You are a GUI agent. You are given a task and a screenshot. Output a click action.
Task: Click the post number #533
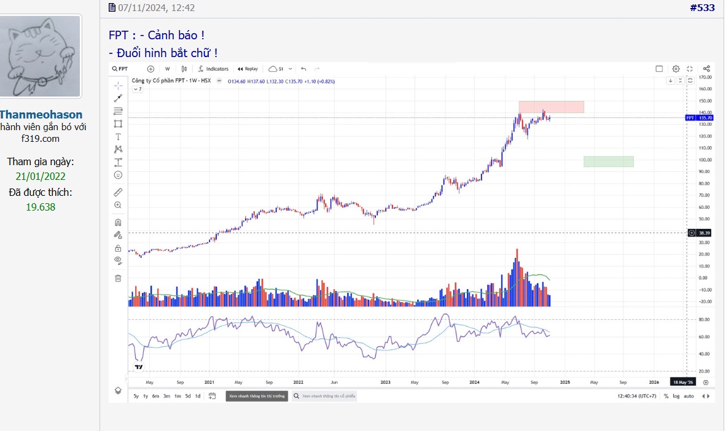(x=702, y=8)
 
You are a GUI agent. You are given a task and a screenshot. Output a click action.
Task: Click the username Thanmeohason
(x=41, y=115)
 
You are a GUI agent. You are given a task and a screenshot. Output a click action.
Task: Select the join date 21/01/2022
(x=41, y=176)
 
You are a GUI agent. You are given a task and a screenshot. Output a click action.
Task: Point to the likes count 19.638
(x=41, y=207)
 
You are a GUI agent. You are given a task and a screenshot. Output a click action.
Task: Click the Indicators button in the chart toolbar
(x=213, y=69)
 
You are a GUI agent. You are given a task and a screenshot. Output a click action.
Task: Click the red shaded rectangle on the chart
(x=551, y=107)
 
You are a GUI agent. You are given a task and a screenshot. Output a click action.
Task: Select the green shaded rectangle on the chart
(x=608, y=161)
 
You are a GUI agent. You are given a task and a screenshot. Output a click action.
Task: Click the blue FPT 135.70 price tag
(x=699, y=117)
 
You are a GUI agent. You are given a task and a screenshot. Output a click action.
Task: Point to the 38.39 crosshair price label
(x=704, y=233)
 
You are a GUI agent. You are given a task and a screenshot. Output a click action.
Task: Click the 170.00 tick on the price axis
(x=705, y=77)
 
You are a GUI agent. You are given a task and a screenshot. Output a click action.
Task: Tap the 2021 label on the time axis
(x=209, y=382)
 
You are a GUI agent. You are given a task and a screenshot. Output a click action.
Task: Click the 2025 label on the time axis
(x=564, y=382)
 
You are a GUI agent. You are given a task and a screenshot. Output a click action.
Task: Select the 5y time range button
(x=136, y=396)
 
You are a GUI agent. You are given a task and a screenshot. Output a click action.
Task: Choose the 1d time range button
(x=198, y=396)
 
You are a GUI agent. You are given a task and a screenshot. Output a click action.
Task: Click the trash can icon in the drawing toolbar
(x=118, y=278)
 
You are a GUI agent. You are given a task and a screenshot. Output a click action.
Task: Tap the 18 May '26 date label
(x=683, y=382)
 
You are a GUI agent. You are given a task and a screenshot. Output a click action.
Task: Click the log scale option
(x=676, y=396)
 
